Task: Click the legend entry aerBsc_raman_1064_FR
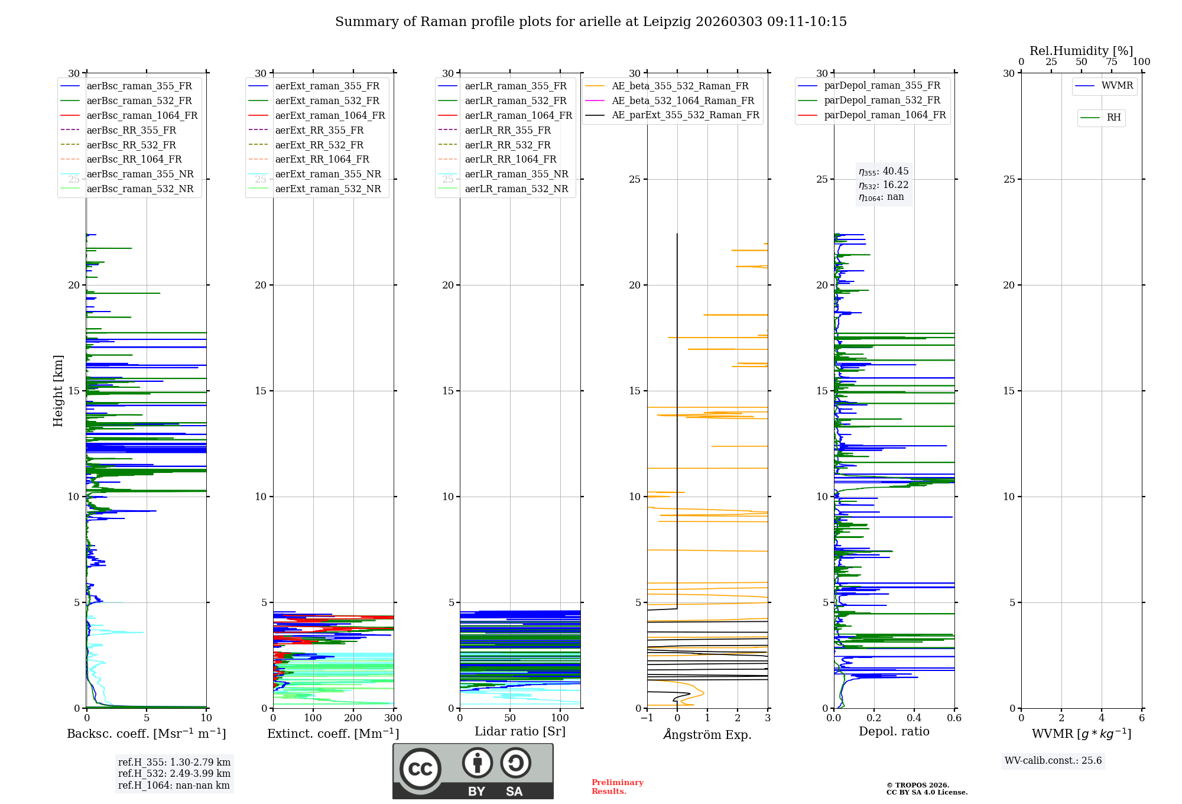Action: [142, 116]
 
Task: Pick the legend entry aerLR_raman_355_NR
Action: [516, 174]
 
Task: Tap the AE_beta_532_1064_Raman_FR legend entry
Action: [683, 101]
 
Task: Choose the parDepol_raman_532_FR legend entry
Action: [882, 100]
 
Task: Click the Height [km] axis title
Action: [58, 391]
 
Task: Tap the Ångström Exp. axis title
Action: [707, 735]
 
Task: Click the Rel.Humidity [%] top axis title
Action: [1081, 51]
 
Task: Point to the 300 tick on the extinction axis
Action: [393, 718]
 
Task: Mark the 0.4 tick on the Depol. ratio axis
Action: [914, 718]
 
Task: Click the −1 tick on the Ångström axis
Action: [647, 718]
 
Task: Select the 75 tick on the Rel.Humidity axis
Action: [1112, 62]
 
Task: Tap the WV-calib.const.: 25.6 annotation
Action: [1053, 761]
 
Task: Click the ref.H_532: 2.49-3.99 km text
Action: [174, 774]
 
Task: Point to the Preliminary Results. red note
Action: [617, 787]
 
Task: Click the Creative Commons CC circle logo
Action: [420, 769]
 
